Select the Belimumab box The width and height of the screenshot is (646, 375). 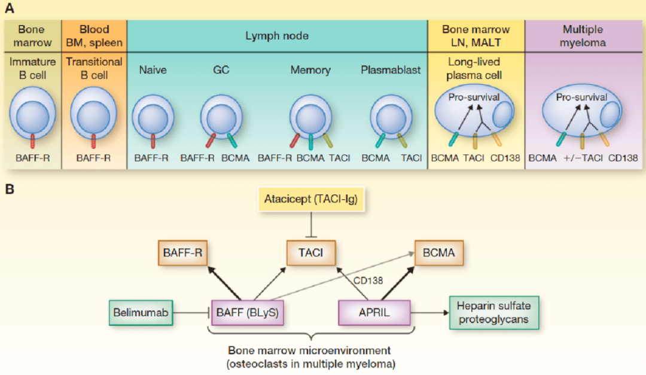141,312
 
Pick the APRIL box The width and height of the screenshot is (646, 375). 374,312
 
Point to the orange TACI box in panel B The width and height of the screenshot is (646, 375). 310,253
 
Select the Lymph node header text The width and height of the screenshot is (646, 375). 277,36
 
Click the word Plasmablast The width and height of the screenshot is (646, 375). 391,70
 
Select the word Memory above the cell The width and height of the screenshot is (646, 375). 310,70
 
